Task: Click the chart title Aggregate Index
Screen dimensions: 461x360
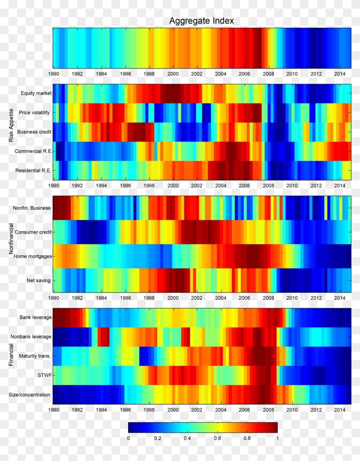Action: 201,21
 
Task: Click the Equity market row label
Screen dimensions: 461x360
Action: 36,93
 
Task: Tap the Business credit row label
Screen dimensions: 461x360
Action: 35,132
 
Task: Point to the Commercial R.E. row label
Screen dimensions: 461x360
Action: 33,151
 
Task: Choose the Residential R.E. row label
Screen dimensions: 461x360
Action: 33,170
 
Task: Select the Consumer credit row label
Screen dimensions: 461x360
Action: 33,232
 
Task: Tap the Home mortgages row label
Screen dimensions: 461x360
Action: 33,256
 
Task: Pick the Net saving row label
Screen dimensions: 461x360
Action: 39,280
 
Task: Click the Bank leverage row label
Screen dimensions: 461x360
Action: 36,317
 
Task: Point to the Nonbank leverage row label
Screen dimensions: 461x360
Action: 31,337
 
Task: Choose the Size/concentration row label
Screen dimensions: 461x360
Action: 30,395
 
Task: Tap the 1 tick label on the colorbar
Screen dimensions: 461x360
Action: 277,438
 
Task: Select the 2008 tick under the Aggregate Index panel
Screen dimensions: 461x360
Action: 268,74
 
